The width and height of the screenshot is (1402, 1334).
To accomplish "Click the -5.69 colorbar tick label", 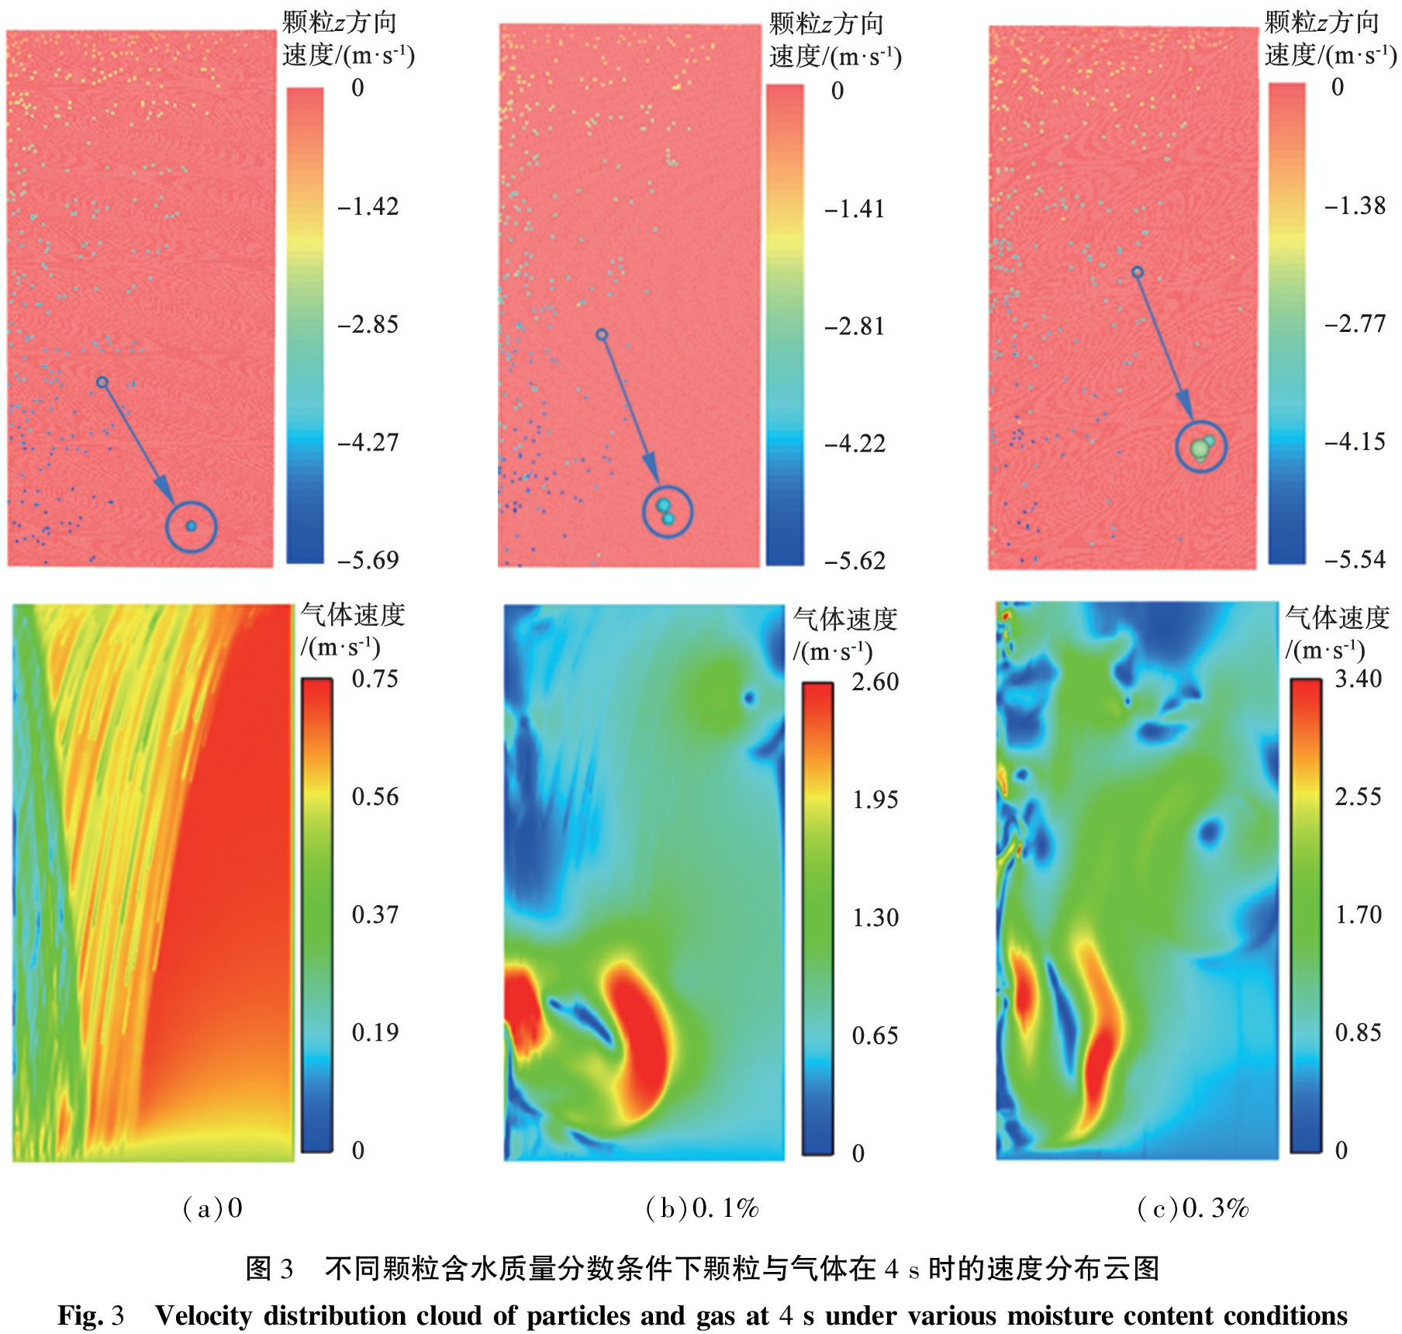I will click(x=368, y=559).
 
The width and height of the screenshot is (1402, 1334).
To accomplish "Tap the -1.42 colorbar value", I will click(x=368, y=206).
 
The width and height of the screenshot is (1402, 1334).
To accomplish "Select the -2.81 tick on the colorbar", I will click(x=854, y=327).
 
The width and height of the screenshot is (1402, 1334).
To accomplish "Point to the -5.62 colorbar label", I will click(x=854, y=561).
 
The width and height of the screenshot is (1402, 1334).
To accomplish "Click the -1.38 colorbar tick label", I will click(x=1354, y=206).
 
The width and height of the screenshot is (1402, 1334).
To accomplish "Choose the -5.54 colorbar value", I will click(x=1354, y=559).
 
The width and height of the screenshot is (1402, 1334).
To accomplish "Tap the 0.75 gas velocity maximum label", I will click(x=375, y=679).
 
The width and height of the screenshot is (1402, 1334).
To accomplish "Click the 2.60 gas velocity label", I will click(x=875, y=682).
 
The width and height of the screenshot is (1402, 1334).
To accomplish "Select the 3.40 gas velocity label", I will click(x=1358, y=679).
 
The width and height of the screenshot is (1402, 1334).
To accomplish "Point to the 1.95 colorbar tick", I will click(x=875, y=800).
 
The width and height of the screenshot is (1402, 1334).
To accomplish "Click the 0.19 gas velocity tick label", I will click(x=375, y=1032).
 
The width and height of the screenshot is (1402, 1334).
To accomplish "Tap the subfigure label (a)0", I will click(x=212, y=1208).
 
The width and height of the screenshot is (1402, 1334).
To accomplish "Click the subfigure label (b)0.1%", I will click(x=702, y=1208).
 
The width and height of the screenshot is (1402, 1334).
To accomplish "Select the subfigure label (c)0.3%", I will click(x=1193, y=1208).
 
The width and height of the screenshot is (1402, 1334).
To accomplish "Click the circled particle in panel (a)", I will click(x=191, y=527).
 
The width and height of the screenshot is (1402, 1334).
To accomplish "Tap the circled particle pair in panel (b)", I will click(x=665, y=512).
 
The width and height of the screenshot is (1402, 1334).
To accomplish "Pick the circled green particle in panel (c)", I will click(x=1200, y=448).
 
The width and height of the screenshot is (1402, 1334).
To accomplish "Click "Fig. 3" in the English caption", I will click(x=91, y=1315).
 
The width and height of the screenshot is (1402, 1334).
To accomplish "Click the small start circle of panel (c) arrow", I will click(x=1137, y=272).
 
